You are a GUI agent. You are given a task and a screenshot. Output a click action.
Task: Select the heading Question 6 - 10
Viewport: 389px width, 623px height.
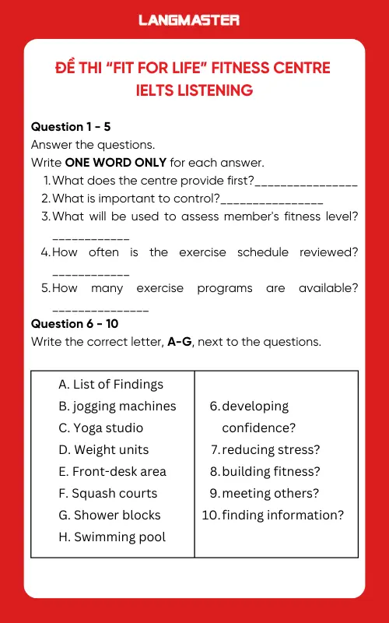74,323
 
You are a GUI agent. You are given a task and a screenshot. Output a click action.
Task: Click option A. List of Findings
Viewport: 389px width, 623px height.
110,384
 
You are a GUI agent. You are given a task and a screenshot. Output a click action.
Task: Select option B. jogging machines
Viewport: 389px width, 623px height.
117,406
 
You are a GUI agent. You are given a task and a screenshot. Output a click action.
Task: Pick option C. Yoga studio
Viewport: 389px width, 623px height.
100,428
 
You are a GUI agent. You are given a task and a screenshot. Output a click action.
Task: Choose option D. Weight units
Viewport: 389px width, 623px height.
103,449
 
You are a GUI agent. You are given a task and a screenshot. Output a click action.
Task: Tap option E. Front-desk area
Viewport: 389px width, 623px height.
112,471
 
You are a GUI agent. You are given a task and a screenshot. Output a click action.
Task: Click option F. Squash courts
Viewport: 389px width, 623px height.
107,493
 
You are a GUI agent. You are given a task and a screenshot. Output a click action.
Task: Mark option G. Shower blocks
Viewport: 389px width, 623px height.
109,515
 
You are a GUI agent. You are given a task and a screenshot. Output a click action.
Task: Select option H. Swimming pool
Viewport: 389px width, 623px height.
112,537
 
